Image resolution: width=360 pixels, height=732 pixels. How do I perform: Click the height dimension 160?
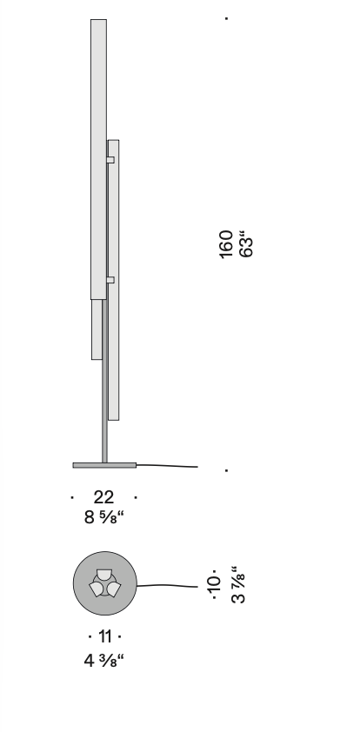click(x=225, y=244)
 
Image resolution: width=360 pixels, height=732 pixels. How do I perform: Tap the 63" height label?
click(x=246, y=244)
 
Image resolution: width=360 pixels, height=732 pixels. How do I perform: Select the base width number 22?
click(x=103, y=497)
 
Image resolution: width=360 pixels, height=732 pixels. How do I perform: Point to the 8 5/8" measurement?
click(x=104, y=517)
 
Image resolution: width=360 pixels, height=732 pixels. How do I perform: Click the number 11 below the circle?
click(x=105, y=636)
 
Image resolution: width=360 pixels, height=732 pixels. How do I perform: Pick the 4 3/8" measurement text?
click(x=104, y=661)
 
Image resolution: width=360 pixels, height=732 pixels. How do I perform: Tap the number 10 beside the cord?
click(x=213, y=583)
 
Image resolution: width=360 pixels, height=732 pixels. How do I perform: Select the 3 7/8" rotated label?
click(x=238, y=584)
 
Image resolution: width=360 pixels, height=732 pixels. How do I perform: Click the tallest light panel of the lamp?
click(x=98, y=159)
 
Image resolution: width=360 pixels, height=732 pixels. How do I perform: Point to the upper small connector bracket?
click(x=110, y=160)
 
